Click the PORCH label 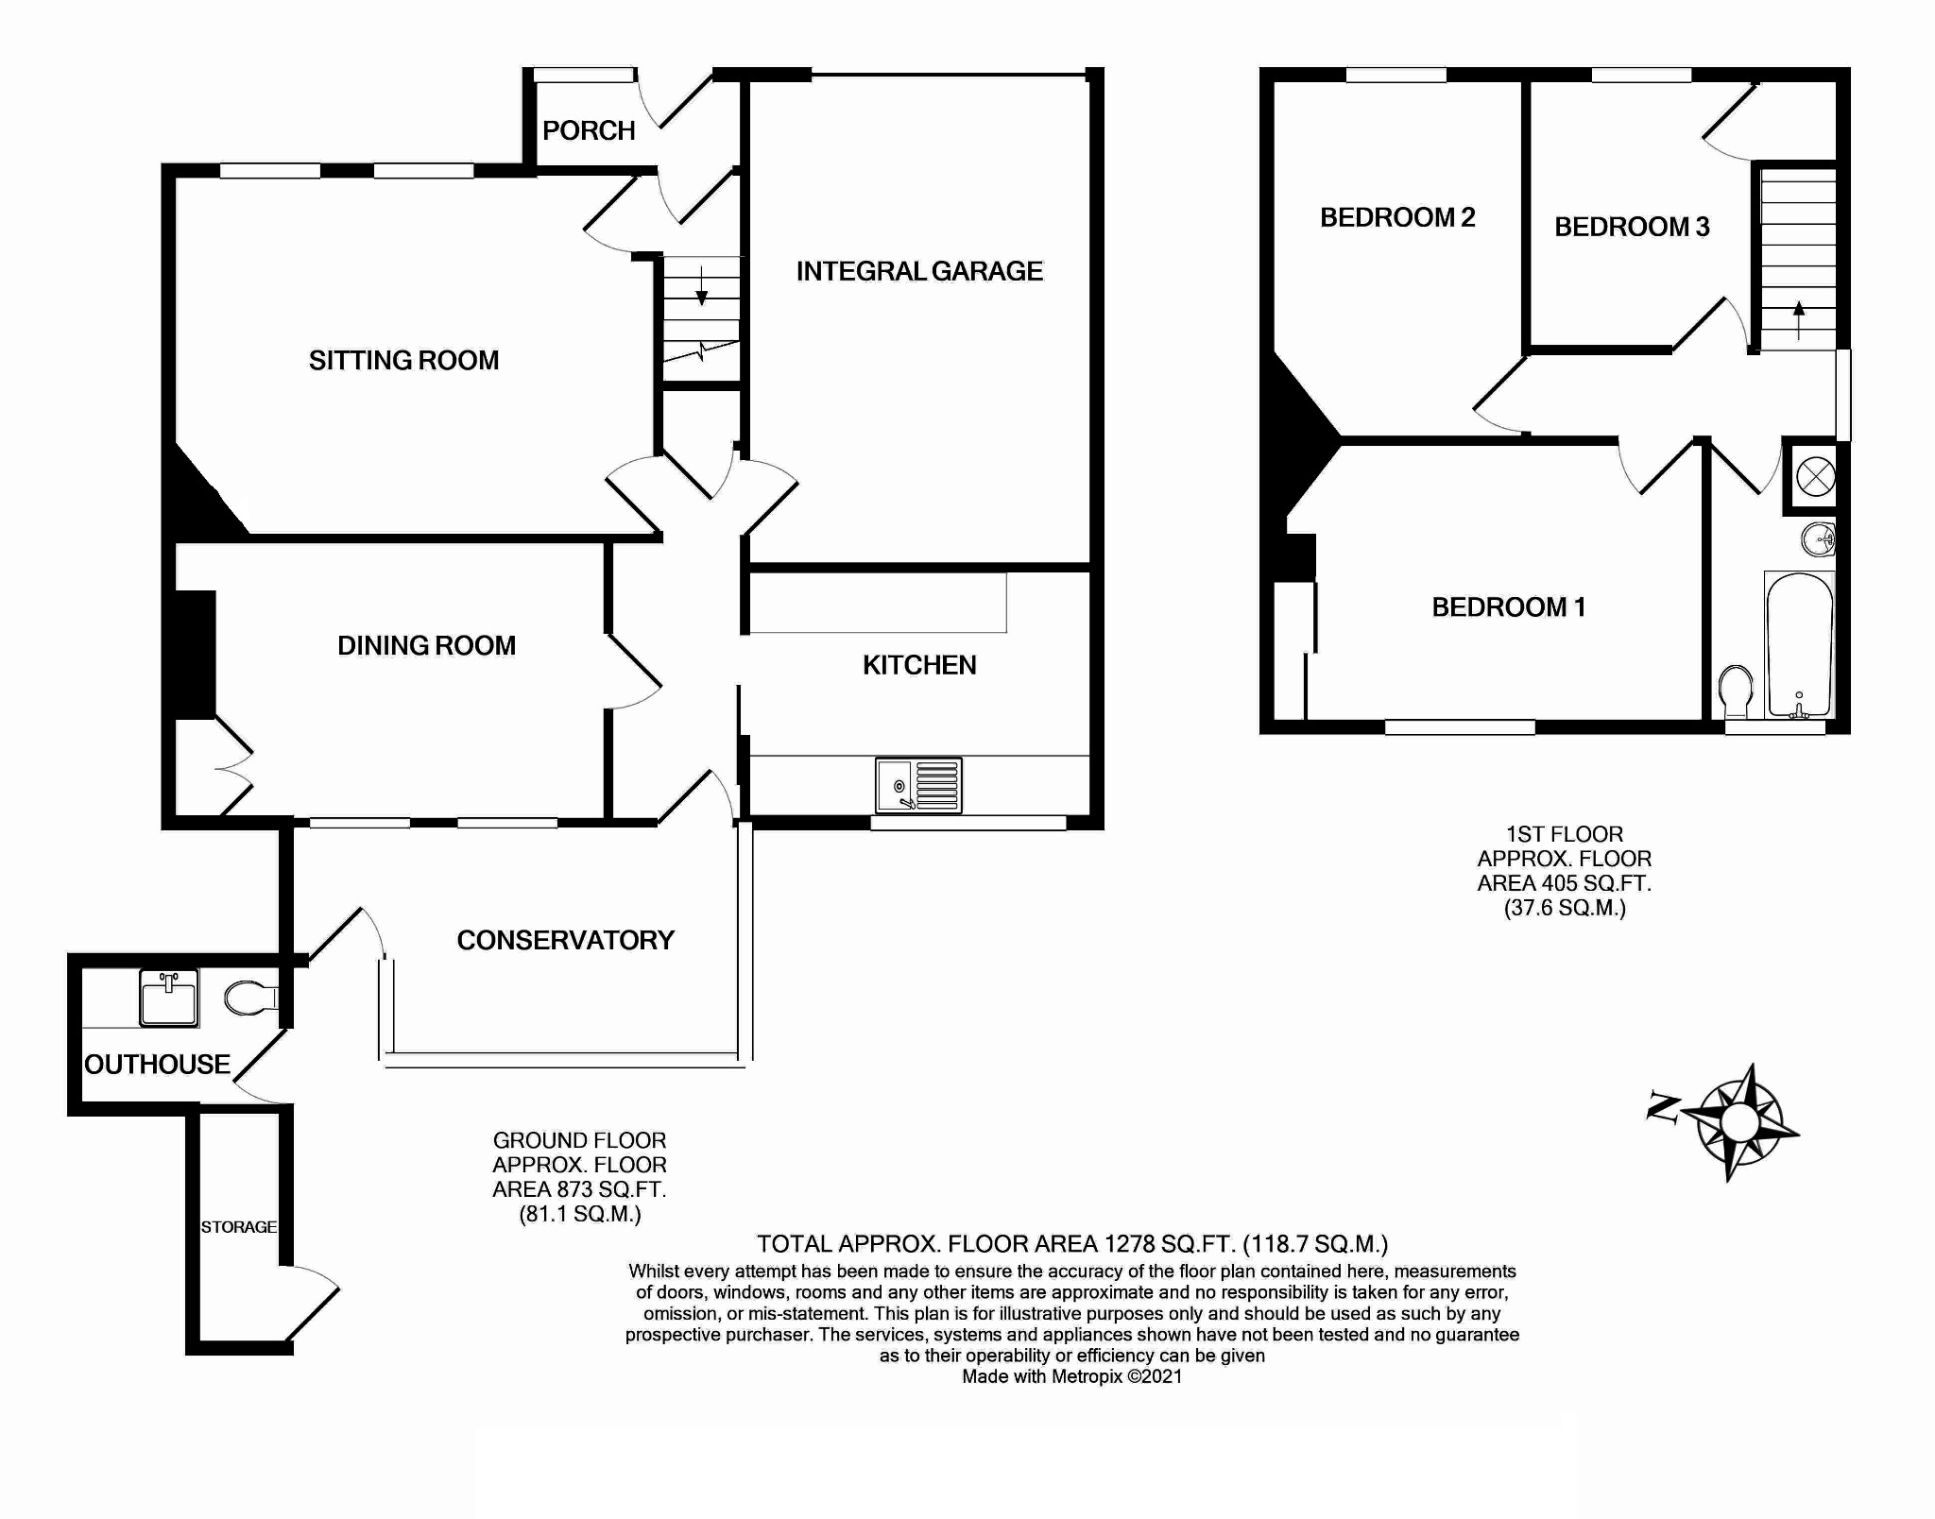pyautogui.click(x=589, y=130)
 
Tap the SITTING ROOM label pyautogui.click(x=403, y=360)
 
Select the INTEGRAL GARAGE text pyautogui.click(x=919, y=271)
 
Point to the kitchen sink pyautogui.click(x=918, y=785)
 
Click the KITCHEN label pyautogui.click(x=919, y=665)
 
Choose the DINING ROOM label pyautogui.click(x=427, y=645)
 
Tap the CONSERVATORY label pyautogui.click(x=566, y=940)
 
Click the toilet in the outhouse pyautogui.click(x=251, y=998)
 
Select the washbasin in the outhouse pyautogui.click(x=169, y=998)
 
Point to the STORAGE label pyautogui.click(x=239, y=1227)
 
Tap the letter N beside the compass pyautogui.click(x=1662, y=1107)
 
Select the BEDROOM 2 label pyautogui.click(x=1397, y=217)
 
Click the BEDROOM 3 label pyautogui.click(x=1632, y=227)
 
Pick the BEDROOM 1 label pyautogui.click(x=1509, y=606)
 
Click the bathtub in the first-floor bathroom pyautogui.click(x=1799, y=645)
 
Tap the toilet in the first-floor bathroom pyautogui.click(x=1735, y=692)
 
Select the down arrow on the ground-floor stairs pyautogui.click(x=702, y=286)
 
